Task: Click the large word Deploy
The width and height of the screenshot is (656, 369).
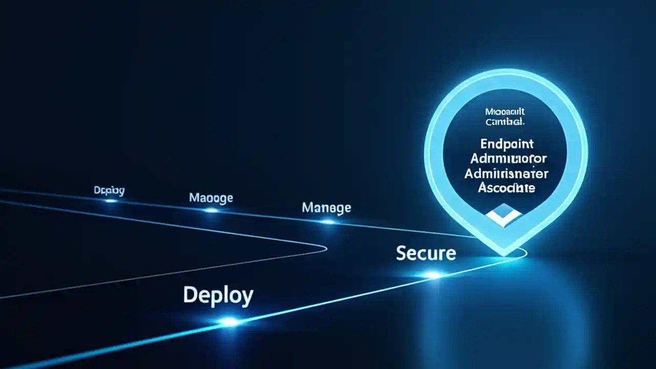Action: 218,296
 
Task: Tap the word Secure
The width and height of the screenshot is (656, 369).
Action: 425,253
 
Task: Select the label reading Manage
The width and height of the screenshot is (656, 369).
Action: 326,208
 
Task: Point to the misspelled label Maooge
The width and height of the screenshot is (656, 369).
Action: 211,197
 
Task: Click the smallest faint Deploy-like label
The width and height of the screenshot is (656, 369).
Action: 109,191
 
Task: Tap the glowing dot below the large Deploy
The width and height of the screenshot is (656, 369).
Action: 230,322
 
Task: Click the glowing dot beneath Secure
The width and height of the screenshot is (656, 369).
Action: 433,275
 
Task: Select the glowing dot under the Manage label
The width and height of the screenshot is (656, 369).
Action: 327,222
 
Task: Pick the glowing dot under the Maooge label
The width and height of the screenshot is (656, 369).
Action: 211,210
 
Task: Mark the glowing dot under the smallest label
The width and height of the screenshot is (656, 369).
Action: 111,200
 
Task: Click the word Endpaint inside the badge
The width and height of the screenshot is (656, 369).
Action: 507,143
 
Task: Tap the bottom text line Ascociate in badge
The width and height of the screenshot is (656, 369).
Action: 506,188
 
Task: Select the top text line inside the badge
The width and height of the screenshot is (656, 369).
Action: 505,111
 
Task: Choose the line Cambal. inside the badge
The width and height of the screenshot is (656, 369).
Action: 505,122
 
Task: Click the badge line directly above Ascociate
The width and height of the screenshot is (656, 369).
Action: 506,173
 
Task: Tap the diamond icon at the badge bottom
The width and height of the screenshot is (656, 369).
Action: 503,215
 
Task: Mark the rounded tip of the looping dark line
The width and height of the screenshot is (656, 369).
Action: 325,249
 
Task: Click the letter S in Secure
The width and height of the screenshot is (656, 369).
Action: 401,253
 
